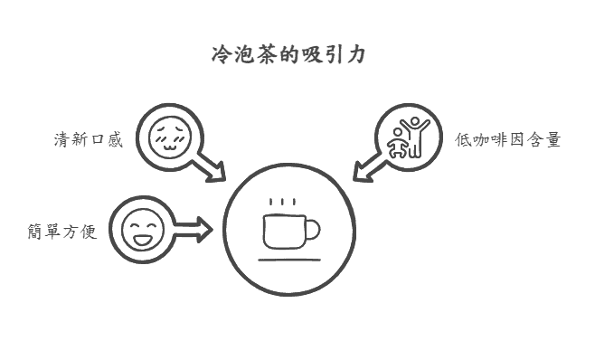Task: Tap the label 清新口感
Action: [88, 140]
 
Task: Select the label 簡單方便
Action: [61, 232]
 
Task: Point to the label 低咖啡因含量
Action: [508, 140]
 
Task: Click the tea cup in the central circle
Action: [284, 231]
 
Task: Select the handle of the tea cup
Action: [311, 232]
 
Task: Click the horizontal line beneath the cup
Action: [289, 260]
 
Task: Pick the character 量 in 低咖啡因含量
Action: [552, 140]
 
